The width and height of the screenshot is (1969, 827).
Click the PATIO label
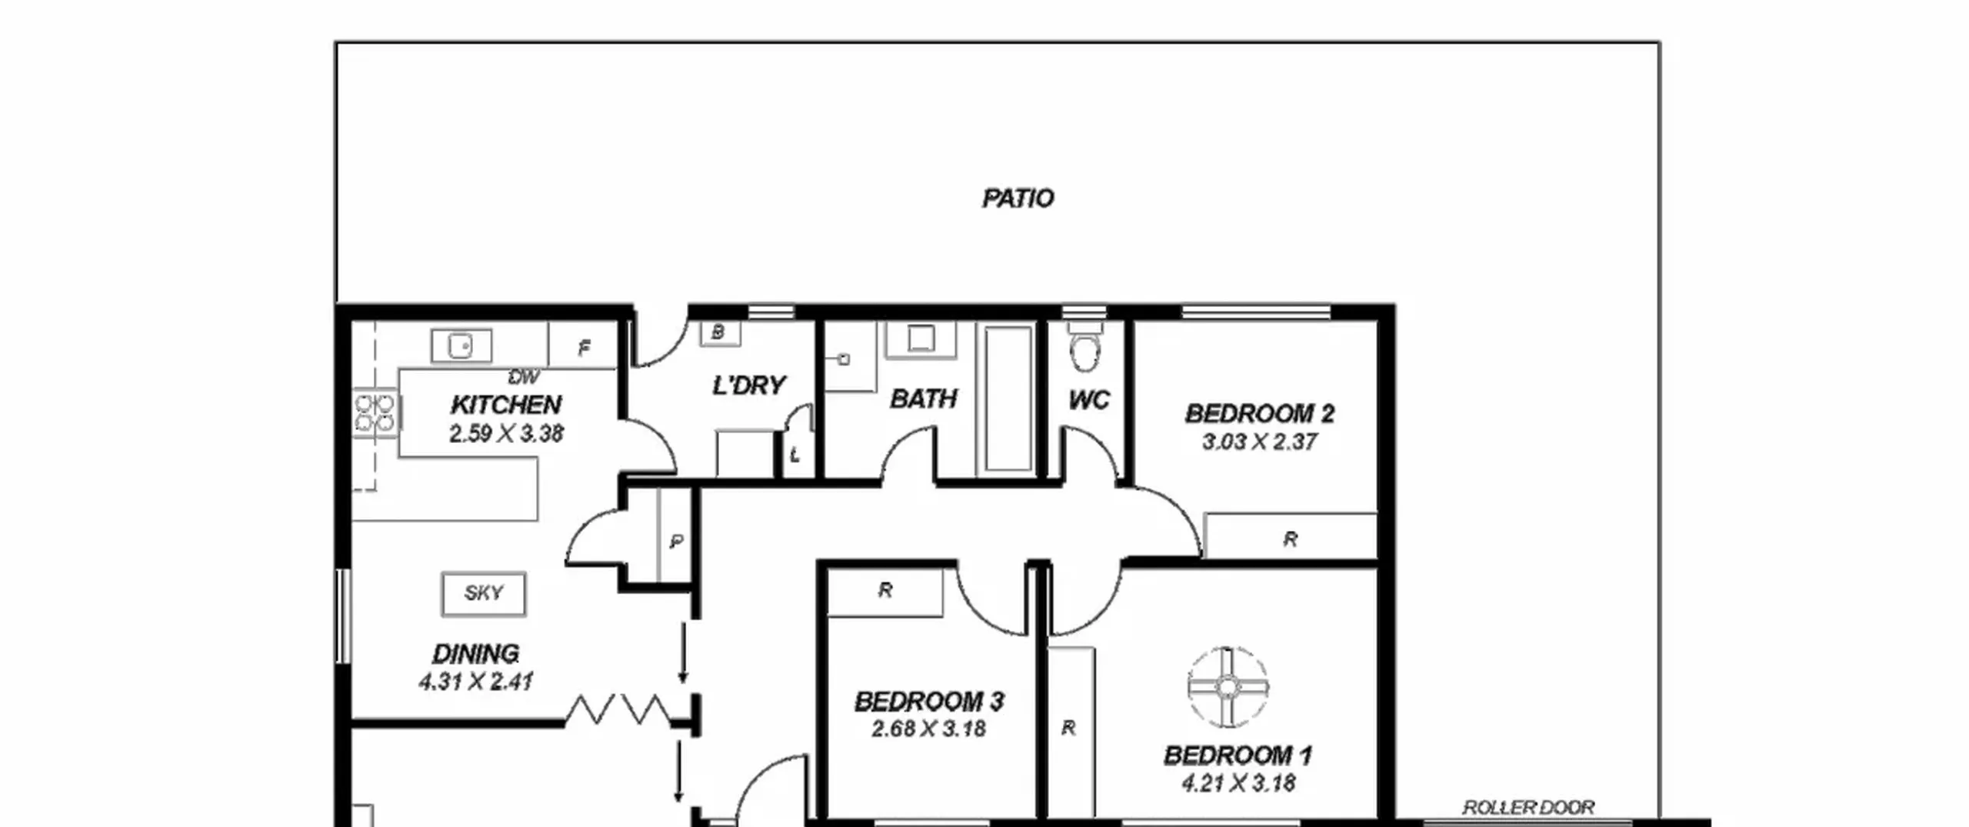click(x=1018, y=198)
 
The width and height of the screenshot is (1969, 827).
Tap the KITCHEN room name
click(x=506, y=405)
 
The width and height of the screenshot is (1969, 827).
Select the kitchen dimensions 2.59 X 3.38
click(x=506, y=434)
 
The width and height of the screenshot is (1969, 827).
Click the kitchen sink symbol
click(x=461, y=345)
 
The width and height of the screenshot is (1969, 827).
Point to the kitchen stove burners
click(x=375, y=413)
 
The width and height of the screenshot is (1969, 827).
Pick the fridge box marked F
click(x=584, y=345)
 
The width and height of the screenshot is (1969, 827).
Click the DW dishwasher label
click(x=524, y=377)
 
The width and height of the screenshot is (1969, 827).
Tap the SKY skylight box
click(x=484, y=593)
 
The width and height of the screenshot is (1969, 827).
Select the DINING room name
click(x=475, y=654)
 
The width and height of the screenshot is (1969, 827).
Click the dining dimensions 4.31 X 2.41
click(x=475, y=682)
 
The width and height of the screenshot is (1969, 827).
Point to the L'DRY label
click(x=748, y=385)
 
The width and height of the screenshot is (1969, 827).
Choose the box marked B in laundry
click(x=719, y=332)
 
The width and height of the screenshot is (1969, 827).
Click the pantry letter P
click(x=675, y=542)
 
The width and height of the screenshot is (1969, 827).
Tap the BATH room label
click(x=923, y=398)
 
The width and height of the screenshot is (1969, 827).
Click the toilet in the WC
click(x=1084, y=347)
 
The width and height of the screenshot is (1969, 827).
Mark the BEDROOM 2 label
click(x=1259, y=414)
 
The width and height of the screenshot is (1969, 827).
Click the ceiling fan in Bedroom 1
click(x=1228, y=685)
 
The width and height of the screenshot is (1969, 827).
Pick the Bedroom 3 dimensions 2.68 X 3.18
click(x=928, y=729)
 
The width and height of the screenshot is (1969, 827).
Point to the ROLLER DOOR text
click(x=1528, y=807)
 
